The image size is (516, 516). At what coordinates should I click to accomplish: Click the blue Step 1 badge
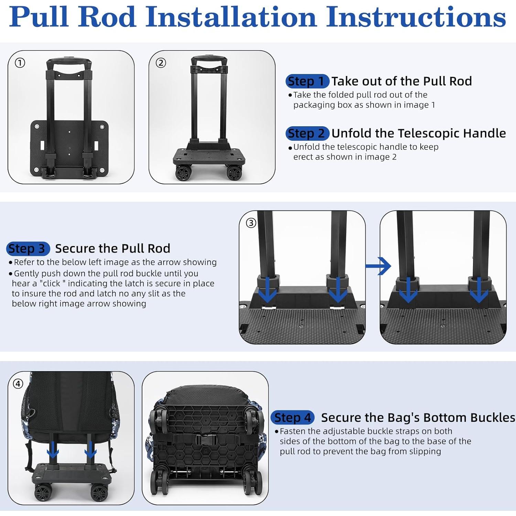[x=307, y=81]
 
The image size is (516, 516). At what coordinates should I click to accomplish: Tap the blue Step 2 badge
[x=307, y=133]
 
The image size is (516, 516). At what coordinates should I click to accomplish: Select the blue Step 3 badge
[x=28, y=248]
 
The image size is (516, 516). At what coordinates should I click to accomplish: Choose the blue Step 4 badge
[x=292, y=418]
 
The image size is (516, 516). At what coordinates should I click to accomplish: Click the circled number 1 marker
[x=20, y=63]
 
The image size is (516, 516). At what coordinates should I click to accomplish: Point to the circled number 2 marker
[x=161, y=63]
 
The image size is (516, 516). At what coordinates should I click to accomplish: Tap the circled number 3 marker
[x=251, y=223]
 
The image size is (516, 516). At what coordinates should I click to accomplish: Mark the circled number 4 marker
[x=18, y=384]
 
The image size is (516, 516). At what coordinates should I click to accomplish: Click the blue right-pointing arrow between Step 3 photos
[x=378, y=266]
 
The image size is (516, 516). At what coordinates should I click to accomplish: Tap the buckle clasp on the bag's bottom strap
[x=206, y=439]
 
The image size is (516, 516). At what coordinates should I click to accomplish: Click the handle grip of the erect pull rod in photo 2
[x=209, y=61]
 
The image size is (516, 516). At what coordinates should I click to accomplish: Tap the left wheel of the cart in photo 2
[x=183, y=172]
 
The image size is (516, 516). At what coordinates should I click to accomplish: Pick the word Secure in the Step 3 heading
[x=75, y=248]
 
